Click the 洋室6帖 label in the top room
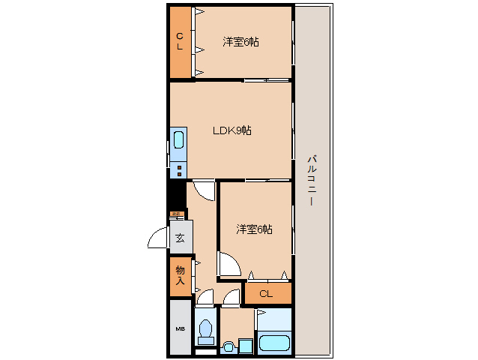[240, 42]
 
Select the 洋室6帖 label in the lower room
[254, 229]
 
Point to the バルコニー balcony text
[311, 181]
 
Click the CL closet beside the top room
[180, 41]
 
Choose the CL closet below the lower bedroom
[266, 294]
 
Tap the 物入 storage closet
[180, 275]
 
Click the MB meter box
[180, 328]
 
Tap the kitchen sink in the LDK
[179, 140]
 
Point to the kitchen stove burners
[179, 169]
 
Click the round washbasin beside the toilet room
[229, 346]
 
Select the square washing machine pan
[243, 346]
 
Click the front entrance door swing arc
[158, 238]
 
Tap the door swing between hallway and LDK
[202, 190]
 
